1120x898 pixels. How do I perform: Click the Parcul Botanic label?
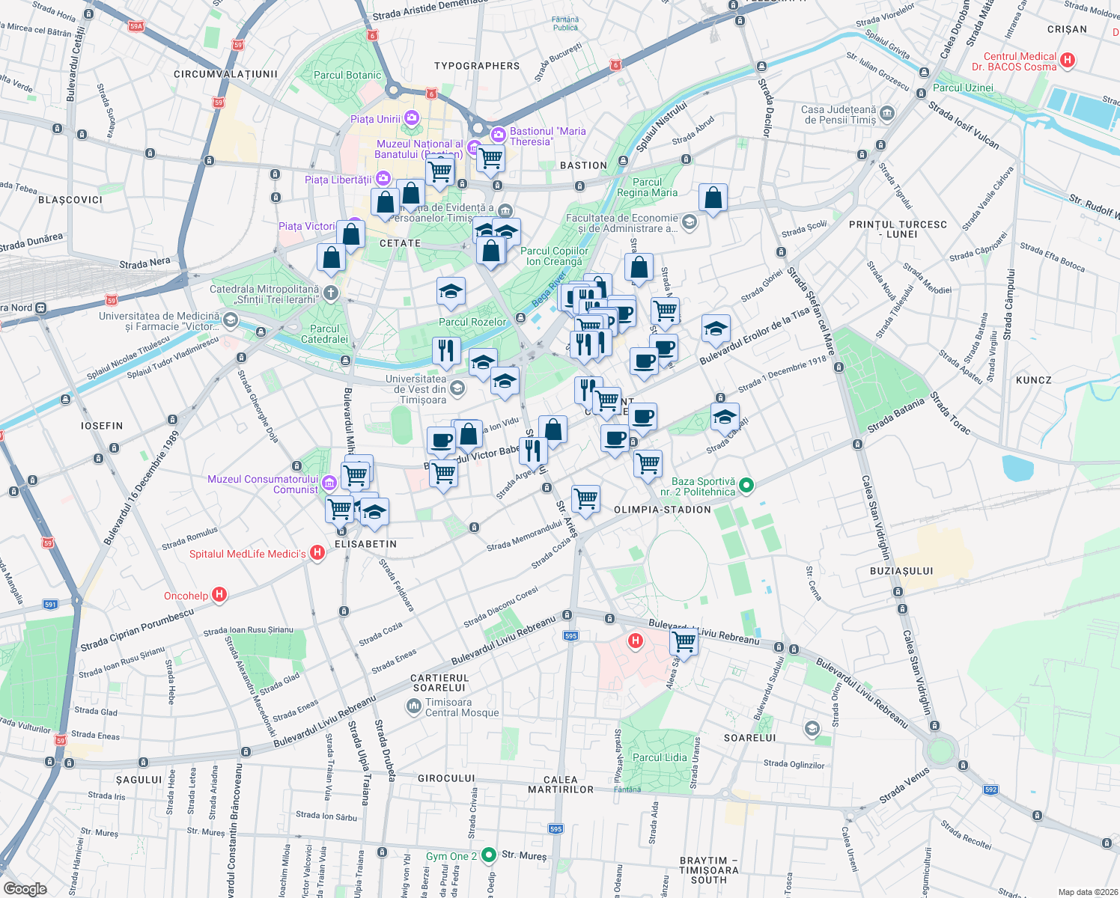click(347, 75)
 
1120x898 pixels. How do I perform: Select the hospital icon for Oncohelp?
click(219, 595)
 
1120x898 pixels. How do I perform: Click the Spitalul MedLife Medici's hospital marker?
click(317, 553)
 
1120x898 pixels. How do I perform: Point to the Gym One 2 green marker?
click(489, 854)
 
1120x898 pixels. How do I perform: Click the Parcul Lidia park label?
click(659, 757)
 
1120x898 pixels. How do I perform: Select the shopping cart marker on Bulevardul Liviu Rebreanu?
click(684, 641)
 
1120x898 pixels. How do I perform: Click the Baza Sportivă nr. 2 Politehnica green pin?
click(746, 486)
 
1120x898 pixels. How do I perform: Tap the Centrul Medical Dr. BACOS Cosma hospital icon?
click(1068, 60)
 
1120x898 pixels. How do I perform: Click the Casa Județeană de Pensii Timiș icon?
click(887, 114)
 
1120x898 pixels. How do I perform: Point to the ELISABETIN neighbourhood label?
click(365, 544)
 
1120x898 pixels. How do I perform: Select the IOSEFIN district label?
click(102, 426)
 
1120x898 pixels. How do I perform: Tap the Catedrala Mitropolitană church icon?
click(330, 293)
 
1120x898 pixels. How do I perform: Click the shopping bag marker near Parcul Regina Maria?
click(713, 199)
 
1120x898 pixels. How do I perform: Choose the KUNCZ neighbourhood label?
click(1034, 380)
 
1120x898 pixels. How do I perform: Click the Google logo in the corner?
click(25, 888)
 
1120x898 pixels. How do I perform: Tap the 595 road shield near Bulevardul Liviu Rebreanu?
click(570, 635)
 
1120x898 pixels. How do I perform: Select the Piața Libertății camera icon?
click(383, 178)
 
